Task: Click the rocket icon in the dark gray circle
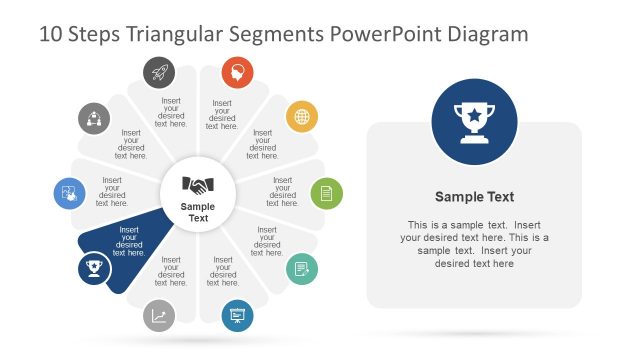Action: coord(158,71)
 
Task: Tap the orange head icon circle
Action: coord(237,71)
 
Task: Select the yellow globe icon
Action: coord(302,117)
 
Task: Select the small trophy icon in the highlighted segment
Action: coord(94,268)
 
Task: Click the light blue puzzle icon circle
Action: coord(69,193)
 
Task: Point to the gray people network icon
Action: coord(94,118)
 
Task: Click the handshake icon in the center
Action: coord(198,185)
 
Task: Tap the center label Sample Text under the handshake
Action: coord(198,212)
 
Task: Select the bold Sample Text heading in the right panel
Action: coord(474,197)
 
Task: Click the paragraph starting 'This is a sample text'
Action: coord(474,244)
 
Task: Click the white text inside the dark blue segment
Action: coord(129,241)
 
